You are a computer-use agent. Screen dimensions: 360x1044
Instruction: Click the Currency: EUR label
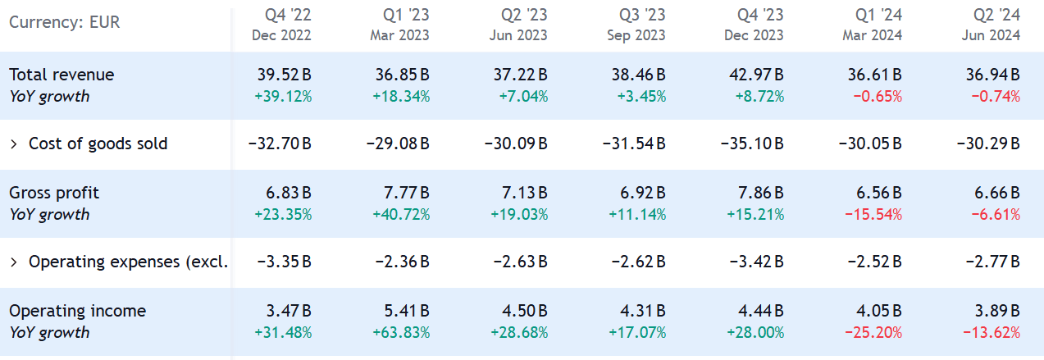[x=65, y=22]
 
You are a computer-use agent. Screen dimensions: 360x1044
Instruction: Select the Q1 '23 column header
[x=406, y=15]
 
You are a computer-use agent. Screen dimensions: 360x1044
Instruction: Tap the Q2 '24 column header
[x=997, y=15]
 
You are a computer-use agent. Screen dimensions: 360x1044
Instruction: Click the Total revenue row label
[x=62, y=75]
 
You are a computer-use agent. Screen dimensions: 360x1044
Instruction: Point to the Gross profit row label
[x=53, y=193]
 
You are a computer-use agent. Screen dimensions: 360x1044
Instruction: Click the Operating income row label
[x=77, y=311]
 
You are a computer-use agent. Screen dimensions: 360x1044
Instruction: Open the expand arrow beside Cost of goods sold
[x=14, y=144]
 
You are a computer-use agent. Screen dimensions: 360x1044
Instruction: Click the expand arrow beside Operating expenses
[x=14, y=262]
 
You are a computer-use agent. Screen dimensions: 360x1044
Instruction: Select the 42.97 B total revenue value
[x=756, y=75]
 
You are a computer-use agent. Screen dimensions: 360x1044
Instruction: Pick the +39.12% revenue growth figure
[x=283, y=96]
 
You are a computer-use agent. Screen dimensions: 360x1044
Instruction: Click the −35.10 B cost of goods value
[x=752, y=144]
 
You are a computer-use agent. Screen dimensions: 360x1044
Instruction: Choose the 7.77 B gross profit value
[x=406, y=193]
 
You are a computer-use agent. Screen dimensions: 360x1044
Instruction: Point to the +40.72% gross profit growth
[x=401, y=214]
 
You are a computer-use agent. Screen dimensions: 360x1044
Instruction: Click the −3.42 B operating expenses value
[x=755, y=262]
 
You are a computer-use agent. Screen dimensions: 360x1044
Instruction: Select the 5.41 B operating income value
[x=406, y=311]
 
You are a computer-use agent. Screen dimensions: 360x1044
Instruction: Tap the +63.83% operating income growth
[x=401, y=332]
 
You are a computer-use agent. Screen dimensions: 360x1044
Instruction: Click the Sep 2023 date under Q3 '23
[x=636, y=35]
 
